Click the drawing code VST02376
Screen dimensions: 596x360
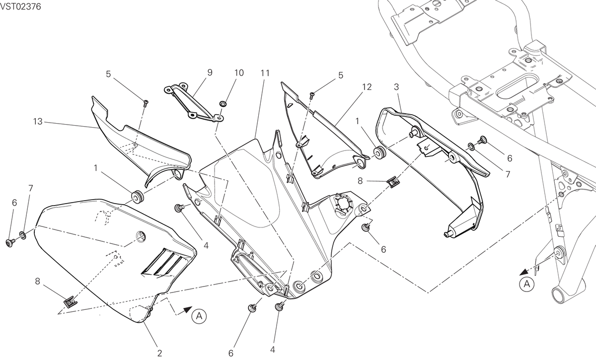coord(20,6)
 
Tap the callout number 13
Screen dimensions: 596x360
coord(38,122)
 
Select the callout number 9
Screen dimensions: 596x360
coord(210,72)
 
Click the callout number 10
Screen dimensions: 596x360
coord(239,73)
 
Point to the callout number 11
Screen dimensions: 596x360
coord(265,73)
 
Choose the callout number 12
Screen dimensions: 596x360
coord(367,87)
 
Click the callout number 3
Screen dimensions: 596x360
coord(396,87)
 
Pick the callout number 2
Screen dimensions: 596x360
coord(159,354)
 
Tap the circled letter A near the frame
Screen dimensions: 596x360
coord(527,285)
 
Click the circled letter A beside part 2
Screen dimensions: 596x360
coord(199,316)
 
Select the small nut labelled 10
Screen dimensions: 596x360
coord(223,104)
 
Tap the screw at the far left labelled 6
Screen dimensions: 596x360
coord(10,243)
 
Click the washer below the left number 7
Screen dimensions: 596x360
coord(23,235)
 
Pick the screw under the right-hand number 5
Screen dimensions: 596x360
coord(312,95)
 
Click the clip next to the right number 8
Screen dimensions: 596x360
coord(393,183)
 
